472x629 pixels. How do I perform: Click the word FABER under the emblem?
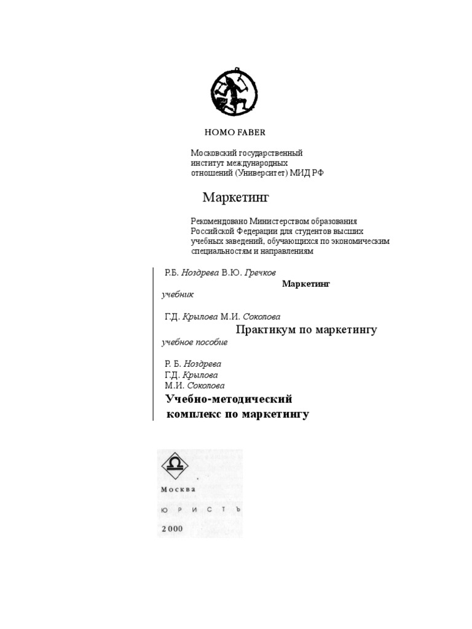coord(251,132)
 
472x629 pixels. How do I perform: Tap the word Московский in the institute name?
coord(213,153)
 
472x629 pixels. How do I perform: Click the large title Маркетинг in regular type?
coord(237,198)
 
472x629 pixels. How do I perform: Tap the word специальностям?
coord(222,251)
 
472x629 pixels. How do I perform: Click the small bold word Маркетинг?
coord(306,284)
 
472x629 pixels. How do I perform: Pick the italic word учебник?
coord(178,295)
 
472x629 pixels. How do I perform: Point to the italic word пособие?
coord(213,342)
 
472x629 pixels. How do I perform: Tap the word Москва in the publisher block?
coord(178,490)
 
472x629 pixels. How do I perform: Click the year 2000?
coord(172,528)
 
